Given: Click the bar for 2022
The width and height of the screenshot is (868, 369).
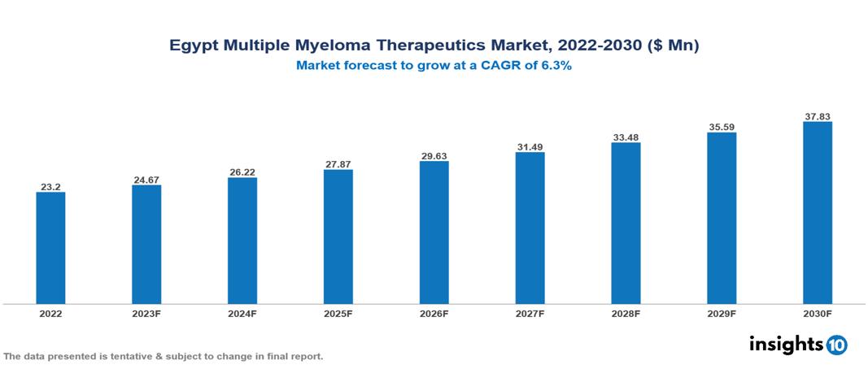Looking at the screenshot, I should [x=50, y=248].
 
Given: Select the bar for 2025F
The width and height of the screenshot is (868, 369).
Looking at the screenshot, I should [x=338, y=237].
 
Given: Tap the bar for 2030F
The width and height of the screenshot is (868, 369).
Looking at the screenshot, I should [x=817, y=213].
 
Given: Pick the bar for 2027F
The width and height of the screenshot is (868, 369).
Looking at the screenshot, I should [x=530, y=228].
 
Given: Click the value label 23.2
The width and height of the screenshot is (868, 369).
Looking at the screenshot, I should [x=50, y=187].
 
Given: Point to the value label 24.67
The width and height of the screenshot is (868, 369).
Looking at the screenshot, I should [x=146, y=180].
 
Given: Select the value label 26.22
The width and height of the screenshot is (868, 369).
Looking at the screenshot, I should [x=242, y=172].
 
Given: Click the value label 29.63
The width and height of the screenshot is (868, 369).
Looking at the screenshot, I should [x=434, y=155].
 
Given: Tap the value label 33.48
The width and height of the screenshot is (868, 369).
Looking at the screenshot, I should [x=626, y=137].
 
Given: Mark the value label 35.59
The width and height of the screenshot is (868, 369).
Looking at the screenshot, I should [x=722, y=127].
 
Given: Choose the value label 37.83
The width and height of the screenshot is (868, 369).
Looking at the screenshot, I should [x=817, y=116].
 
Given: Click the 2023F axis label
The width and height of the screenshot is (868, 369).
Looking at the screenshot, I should [x=146, y=313].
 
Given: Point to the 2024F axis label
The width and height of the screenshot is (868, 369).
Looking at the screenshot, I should [x=242, y=313].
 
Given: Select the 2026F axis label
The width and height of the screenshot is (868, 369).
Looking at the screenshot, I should [x=434, y=313].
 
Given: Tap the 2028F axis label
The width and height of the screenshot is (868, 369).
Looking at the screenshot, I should [x=626, y=313].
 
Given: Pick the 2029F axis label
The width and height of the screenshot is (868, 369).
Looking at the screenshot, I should [x=722, y=313].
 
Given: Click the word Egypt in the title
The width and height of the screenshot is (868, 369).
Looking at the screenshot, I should [x=194, y=46].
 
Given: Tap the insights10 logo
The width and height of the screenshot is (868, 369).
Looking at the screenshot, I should [x=797, y=345].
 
